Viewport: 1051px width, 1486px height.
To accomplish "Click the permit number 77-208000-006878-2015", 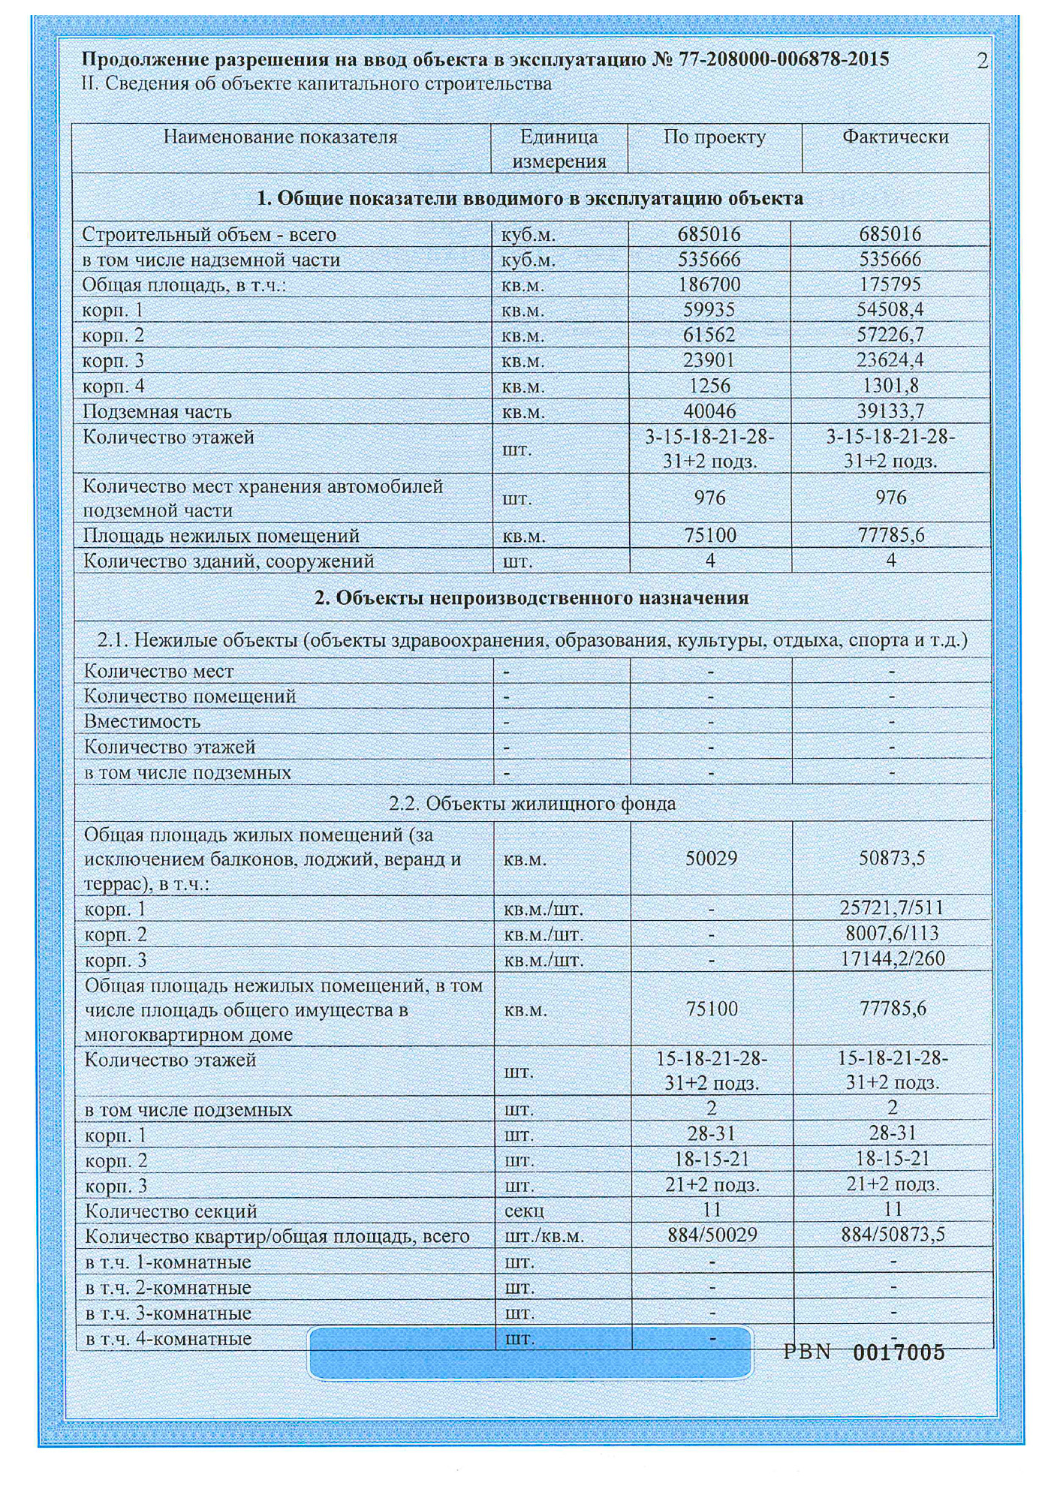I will (784, 59).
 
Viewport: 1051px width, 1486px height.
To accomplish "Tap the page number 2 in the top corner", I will (983, 61).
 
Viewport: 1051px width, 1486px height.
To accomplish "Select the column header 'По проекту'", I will (714, 137).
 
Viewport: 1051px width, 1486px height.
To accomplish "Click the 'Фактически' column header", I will (895, 137).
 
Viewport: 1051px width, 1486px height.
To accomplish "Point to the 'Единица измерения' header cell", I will (559, 149).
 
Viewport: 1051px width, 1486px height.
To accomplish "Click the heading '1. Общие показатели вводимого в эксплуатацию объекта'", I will (530, 198).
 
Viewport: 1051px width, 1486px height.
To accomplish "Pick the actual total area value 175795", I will (890, 284).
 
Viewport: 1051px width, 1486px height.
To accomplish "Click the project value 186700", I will (709, 284).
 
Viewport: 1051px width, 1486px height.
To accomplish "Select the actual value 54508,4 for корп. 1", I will (890, 310).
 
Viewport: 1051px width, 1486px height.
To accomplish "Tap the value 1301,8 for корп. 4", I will (890, 386).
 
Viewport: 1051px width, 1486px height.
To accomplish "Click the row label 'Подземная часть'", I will (157, 411).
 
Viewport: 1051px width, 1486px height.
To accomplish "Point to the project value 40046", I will (709, 411).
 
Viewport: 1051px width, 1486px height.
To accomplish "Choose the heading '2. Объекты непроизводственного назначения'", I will (532, 597).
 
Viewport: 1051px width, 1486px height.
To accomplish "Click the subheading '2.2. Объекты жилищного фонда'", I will (532, 803).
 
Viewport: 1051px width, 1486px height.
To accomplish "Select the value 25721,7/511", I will (892, 908).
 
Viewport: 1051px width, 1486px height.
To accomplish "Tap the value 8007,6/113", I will (892, 934).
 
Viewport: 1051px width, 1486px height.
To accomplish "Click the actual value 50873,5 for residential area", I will (892, 858).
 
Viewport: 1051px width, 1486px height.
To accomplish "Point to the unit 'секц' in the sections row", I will (524, 1211).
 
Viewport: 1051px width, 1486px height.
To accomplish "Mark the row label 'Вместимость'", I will (142, 721).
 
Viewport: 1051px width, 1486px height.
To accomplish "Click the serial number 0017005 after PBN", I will (899, 1352).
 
